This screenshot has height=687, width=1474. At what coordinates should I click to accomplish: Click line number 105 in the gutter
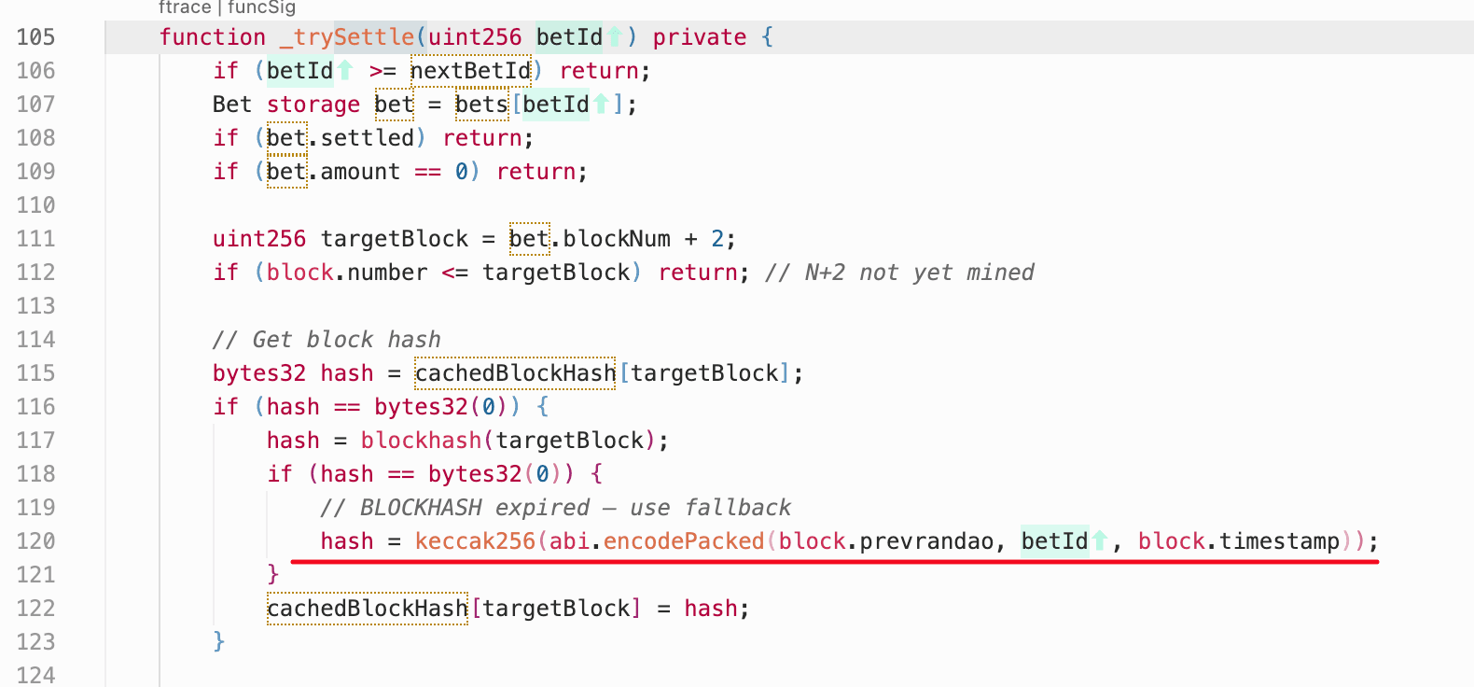35,37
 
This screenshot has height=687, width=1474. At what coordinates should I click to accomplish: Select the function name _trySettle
347,37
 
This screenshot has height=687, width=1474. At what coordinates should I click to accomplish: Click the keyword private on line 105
699,37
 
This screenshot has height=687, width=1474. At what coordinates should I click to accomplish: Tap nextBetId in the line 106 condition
470,71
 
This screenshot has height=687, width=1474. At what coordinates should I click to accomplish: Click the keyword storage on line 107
313,105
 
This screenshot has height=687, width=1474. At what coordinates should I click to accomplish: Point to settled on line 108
367,138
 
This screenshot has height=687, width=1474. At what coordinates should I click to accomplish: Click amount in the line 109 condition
360,172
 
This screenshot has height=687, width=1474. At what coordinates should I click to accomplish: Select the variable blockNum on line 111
616,239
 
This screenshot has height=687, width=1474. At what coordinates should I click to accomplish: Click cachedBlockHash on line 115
515,373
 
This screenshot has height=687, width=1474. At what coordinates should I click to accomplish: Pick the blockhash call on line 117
421,441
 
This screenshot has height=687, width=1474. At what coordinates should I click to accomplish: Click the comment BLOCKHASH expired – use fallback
555,508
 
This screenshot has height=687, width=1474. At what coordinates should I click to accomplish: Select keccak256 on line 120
475,541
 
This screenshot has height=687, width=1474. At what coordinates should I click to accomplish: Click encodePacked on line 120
683,541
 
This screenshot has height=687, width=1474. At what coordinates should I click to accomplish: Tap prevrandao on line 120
925,541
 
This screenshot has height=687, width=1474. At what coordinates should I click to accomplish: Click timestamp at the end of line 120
1279,541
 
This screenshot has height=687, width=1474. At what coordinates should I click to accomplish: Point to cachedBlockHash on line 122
367,609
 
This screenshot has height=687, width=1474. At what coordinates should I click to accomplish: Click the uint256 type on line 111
258,239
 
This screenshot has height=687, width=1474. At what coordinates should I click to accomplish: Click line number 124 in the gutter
35,675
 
